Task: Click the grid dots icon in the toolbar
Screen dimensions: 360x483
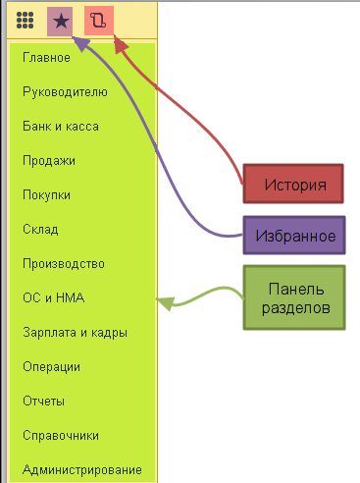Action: (25, 21)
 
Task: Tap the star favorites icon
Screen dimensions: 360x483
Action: (61, 22)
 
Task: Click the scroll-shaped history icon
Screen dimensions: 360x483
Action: (98, 21)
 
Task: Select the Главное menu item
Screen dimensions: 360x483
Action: (46, 58)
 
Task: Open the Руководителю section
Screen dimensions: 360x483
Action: (65, 92)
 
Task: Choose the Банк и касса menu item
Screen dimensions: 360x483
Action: (61, 127)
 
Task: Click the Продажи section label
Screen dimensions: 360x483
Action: (49, 161)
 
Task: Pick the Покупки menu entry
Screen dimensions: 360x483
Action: (46, 195)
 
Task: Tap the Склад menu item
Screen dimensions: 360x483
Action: (40, 230)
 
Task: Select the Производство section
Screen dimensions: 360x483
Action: (64, 264)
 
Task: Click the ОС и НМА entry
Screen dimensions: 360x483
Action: (54, 297)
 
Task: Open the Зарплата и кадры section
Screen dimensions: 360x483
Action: (75, 333)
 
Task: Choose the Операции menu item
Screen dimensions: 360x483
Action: (51, 367)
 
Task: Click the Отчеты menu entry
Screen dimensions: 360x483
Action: (43, 402)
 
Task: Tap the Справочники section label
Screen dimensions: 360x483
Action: (61, 436)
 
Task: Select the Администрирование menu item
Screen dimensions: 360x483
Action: (82, 470)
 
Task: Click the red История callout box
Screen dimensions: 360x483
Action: (293, 184)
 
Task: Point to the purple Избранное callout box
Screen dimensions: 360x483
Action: (294, 235)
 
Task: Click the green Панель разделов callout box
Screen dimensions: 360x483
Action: (294, 297)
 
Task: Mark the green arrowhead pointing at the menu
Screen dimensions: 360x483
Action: (165, 303)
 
